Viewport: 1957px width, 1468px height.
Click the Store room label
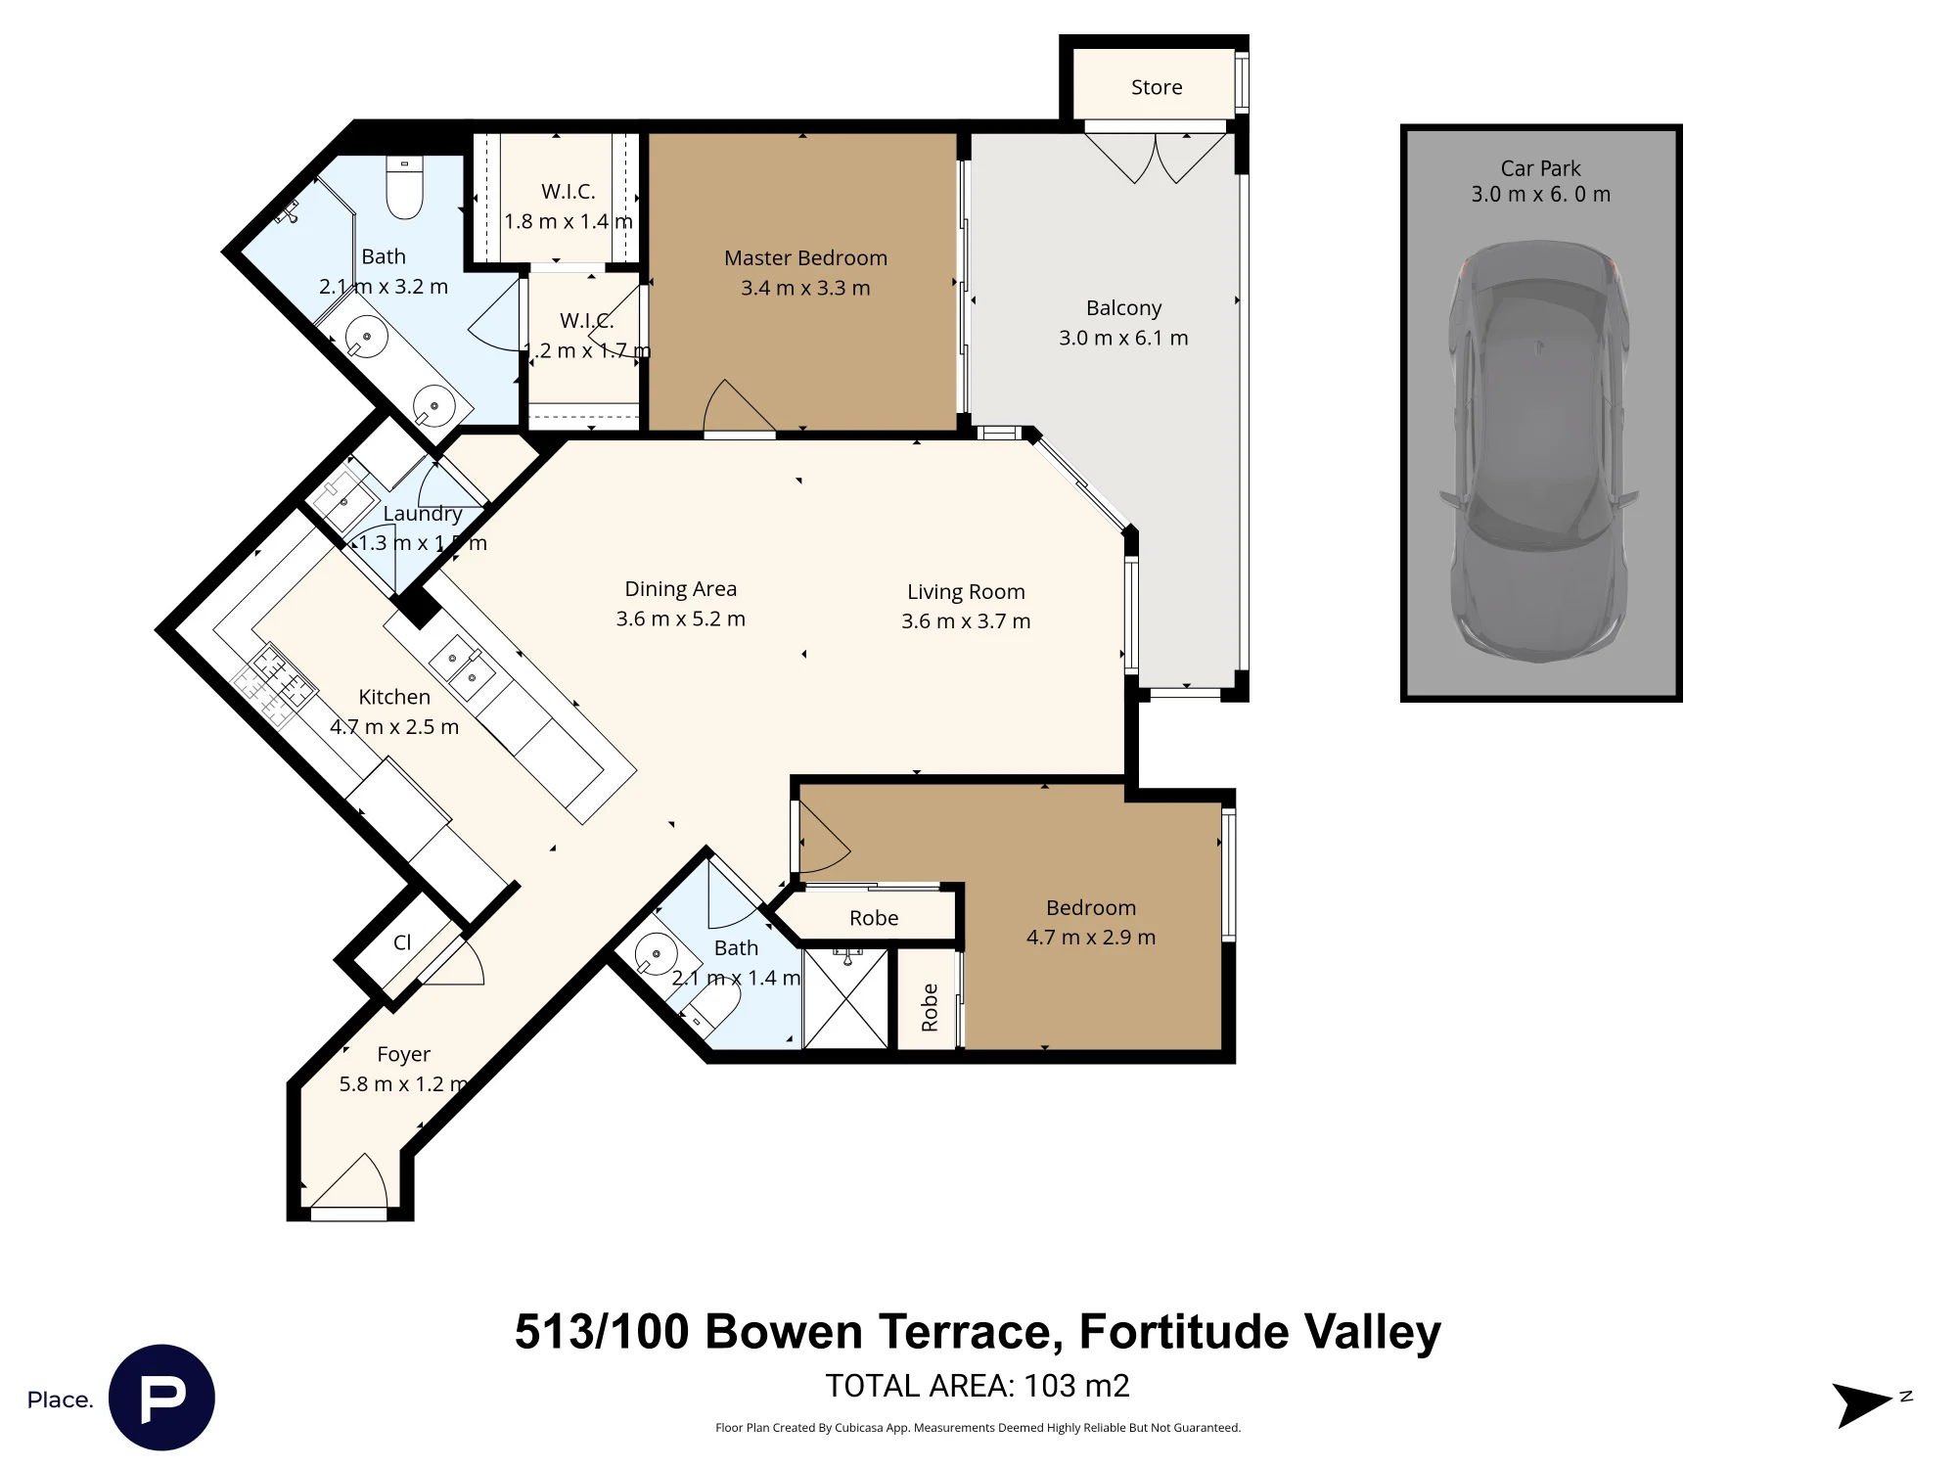(1157, 87)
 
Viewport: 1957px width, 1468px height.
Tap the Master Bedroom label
(805, 258)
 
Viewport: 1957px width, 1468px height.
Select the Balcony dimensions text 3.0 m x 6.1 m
(1123, 338)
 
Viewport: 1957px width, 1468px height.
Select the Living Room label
(966, 592)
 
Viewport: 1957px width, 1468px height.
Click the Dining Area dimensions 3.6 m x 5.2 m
(680, 619)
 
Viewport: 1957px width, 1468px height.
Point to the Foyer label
(403, 1055)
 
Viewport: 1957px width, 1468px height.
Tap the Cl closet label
(402, 942)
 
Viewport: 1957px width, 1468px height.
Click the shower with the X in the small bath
(845, 998)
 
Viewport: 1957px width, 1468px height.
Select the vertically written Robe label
(930, 1008)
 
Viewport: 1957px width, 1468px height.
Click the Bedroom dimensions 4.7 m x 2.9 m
(1091, 938)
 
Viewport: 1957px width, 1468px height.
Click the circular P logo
(161, 1398)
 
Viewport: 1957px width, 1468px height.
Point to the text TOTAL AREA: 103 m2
(978, 1386)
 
